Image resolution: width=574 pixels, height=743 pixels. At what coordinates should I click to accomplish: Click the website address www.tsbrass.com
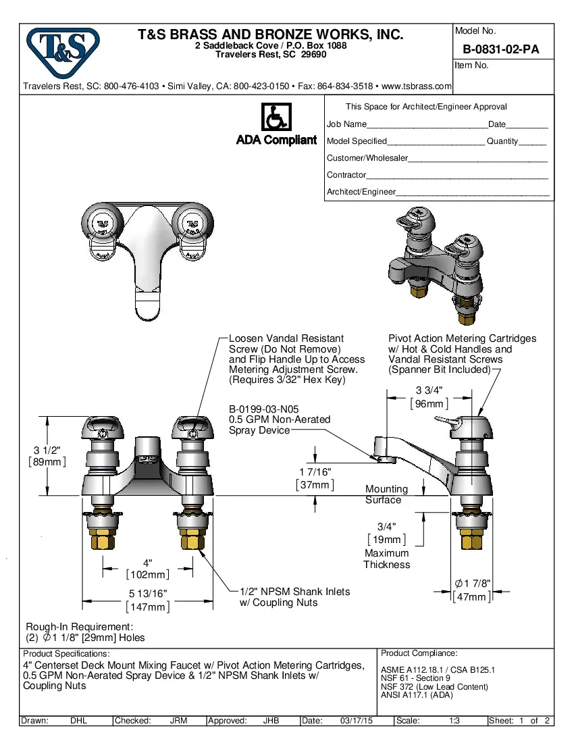point(417,86)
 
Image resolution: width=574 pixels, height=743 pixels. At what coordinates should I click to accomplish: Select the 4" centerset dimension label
point(148,569)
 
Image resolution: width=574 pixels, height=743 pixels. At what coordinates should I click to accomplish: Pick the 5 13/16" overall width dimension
point(148,600)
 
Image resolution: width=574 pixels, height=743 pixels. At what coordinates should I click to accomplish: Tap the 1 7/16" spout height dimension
point(315,478)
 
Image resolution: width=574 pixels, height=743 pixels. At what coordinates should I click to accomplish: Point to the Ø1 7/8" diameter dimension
point(472,590)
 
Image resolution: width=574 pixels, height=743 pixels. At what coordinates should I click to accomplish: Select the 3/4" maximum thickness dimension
point(386,532)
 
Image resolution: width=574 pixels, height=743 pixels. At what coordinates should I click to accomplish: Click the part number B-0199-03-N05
point(263,409)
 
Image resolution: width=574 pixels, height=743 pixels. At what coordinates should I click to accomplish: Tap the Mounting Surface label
point(386,494)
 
